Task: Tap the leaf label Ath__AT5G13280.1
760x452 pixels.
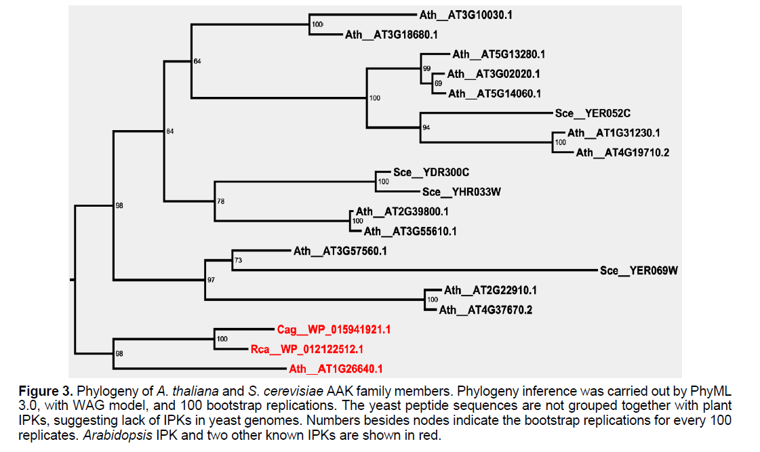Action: click(x=499, y=54)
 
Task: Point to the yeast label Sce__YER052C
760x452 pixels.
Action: click(x=593, y=113)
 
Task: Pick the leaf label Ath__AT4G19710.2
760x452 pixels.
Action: click(x=622, y=152)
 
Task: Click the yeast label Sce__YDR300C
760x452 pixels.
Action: click(x=431, y=172)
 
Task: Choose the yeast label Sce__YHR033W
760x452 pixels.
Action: click(x=462, y=192)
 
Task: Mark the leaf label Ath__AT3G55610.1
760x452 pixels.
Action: click(x=410, y=231)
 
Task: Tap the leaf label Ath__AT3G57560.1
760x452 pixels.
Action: click(x=340, y=251)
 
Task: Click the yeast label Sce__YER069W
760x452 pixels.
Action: click(x=639, y=270)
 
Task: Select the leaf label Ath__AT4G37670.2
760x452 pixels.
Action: click(x=485, y=310)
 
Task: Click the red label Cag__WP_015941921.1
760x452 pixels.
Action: click(x=334, y=330)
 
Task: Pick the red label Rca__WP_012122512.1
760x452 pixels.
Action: click(x=307, y=350)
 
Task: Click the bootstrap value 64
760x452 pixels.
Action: click(x=197, y=62)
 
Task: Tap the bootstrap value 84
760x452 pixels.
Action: click(x=170, y=131)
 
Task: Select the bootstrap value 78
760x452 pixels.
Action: click(x=220, y=201)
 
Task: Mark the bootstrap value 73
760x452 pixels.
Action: click(x=238, y=260)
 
